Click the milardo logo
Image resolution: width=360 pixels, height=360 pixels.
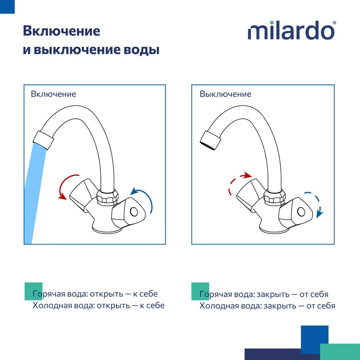(x=292, y=30)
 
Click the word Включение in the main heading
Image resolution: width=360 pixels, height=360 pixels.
(x=62, y=31)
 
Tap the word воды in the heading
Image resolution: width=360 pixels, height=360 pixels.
(x=141, y=49)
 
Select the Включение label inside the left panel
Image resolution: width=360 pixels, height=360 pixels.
(x=53, y=94)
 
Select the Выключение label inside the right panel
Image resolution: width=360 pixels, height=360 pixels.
(x=225, y=94)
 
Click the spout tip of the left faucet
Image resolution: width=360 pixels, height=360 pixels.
(x=43, y=140)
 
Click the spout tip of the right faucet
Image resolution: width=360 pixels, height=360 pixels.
(x=210, y=140)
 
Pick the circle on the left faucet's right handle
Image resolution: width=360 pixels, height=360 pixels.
(x=134, y=211)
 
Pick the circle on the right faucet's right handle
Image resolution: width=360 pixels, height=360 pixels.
(x=301, y=211)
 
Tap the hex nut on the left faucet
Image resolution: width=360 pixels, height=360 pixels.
(x=107, y=196)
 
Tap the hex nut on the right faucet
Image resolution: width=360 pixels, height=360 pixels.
(x=274, y=196)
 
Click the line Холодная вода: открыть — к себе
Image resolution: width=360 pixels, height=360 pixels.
(x=99, y=305)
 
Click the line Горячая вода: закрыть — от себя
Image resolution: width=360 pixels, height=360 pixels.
(x=264, y=294)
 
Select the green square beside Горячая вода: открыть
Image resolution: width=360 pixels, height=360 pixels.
(x=33, y=292)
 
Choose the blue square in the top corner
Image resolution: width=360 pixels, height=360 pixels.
(x=7, y=7)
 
